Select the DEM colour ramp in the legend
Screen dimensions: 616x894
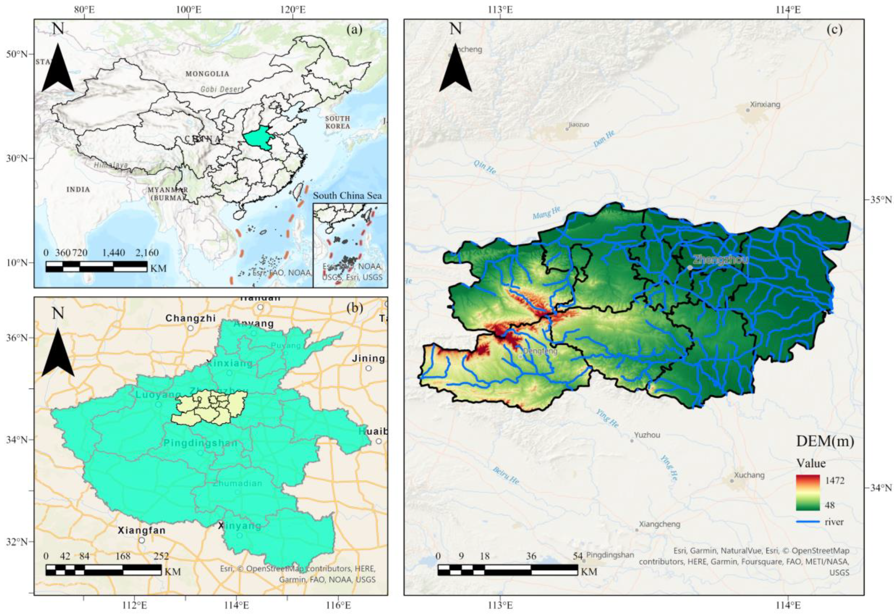pos(808,492)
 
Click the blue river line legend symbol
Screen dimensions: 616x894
pos(808,522)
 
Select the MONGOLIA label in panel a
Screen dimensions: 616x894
pos(207,74)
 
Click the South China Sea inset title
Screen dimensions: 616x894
pos(347,196)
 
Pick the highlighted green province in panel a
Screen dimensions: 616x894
pos(258,140)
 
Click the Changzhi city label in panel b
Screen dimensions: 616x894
pos(185,318)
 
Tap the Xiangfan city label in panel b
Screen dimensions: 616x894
pos(142,530)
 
